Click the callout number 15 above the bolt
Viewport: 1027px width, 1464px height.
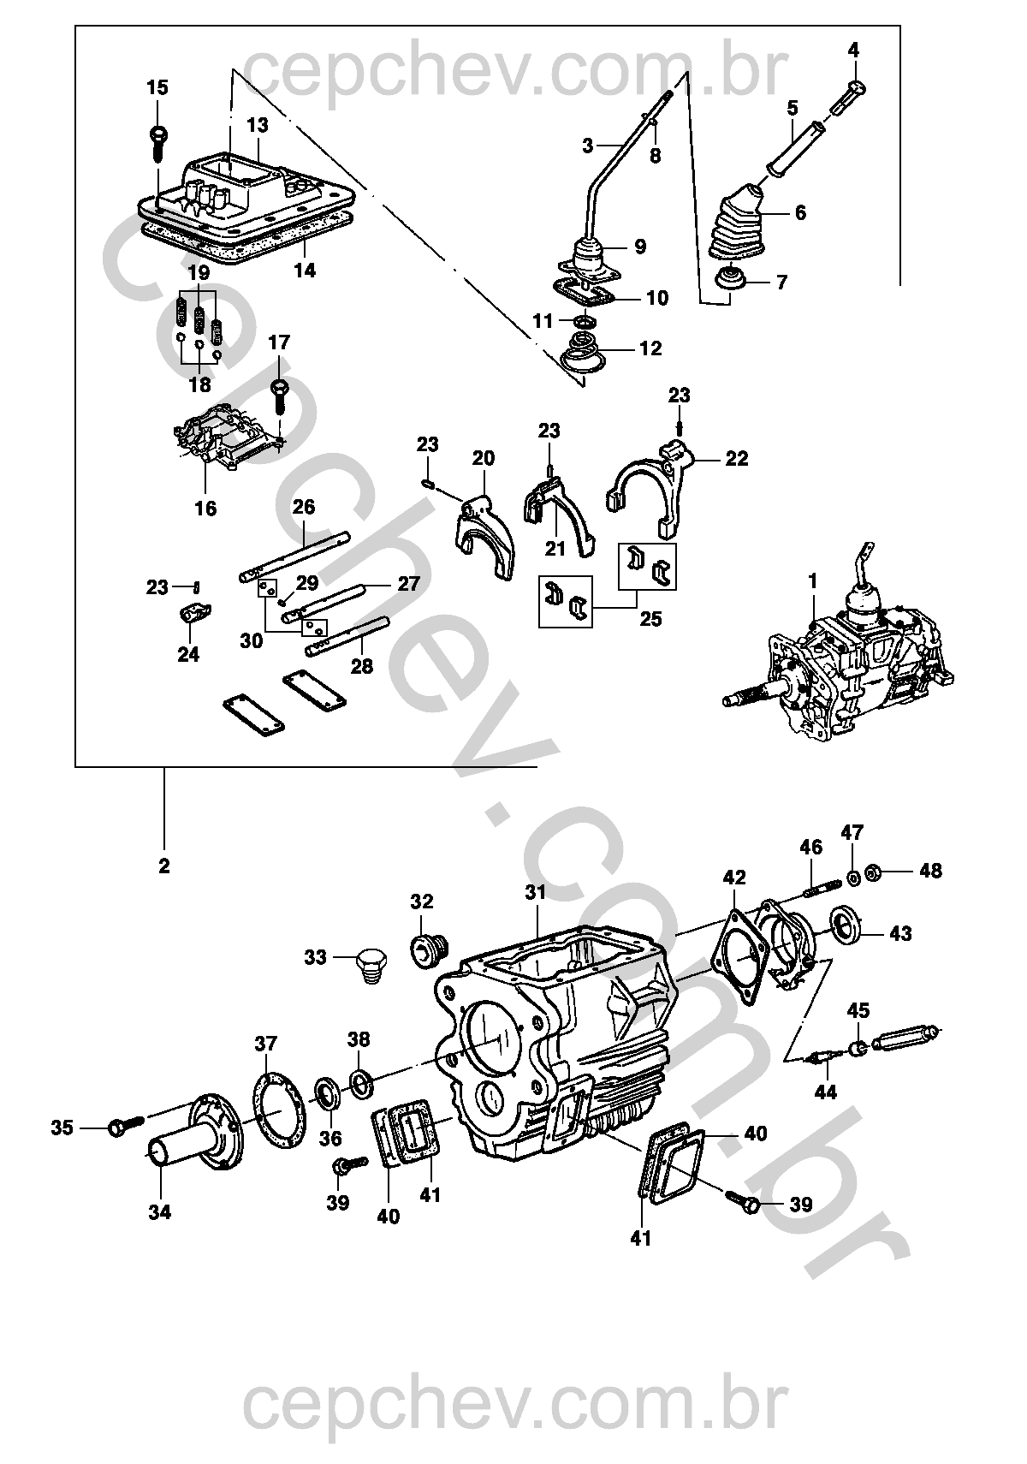pos(157,87)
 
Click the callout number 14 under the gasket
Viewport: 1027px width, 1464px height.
pos(305,271)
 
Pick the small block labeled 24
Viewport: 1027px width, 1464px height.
pos(194,613)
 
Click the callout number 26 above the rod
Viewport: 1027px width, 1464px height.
pos(304,508)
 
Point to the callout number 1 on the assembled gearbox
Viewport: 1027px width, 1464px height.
pos(813,582)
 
